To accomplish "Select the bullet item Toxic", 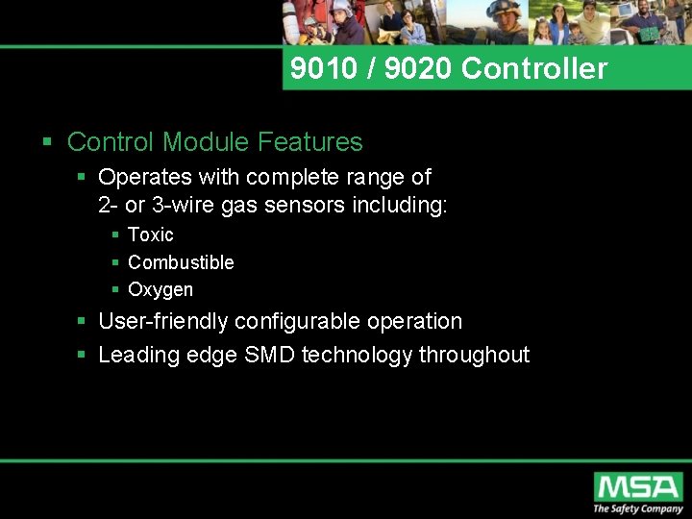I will click(x=150, y=235).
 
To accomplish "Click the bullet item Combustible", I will click(x=181, y=262).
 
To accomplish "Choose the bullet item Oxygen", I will click(x=160, y=290).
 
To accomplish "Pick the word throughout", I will click(x=474, y=355).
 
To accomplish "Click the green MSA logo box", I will click(x=637, y=486).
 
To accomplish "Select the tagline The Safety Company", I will click(x=637, y=509).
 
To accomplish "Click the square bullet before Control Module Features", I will click(x=47, y=143).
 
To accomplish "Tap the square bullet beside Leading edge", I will click(x=82, y=356).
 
